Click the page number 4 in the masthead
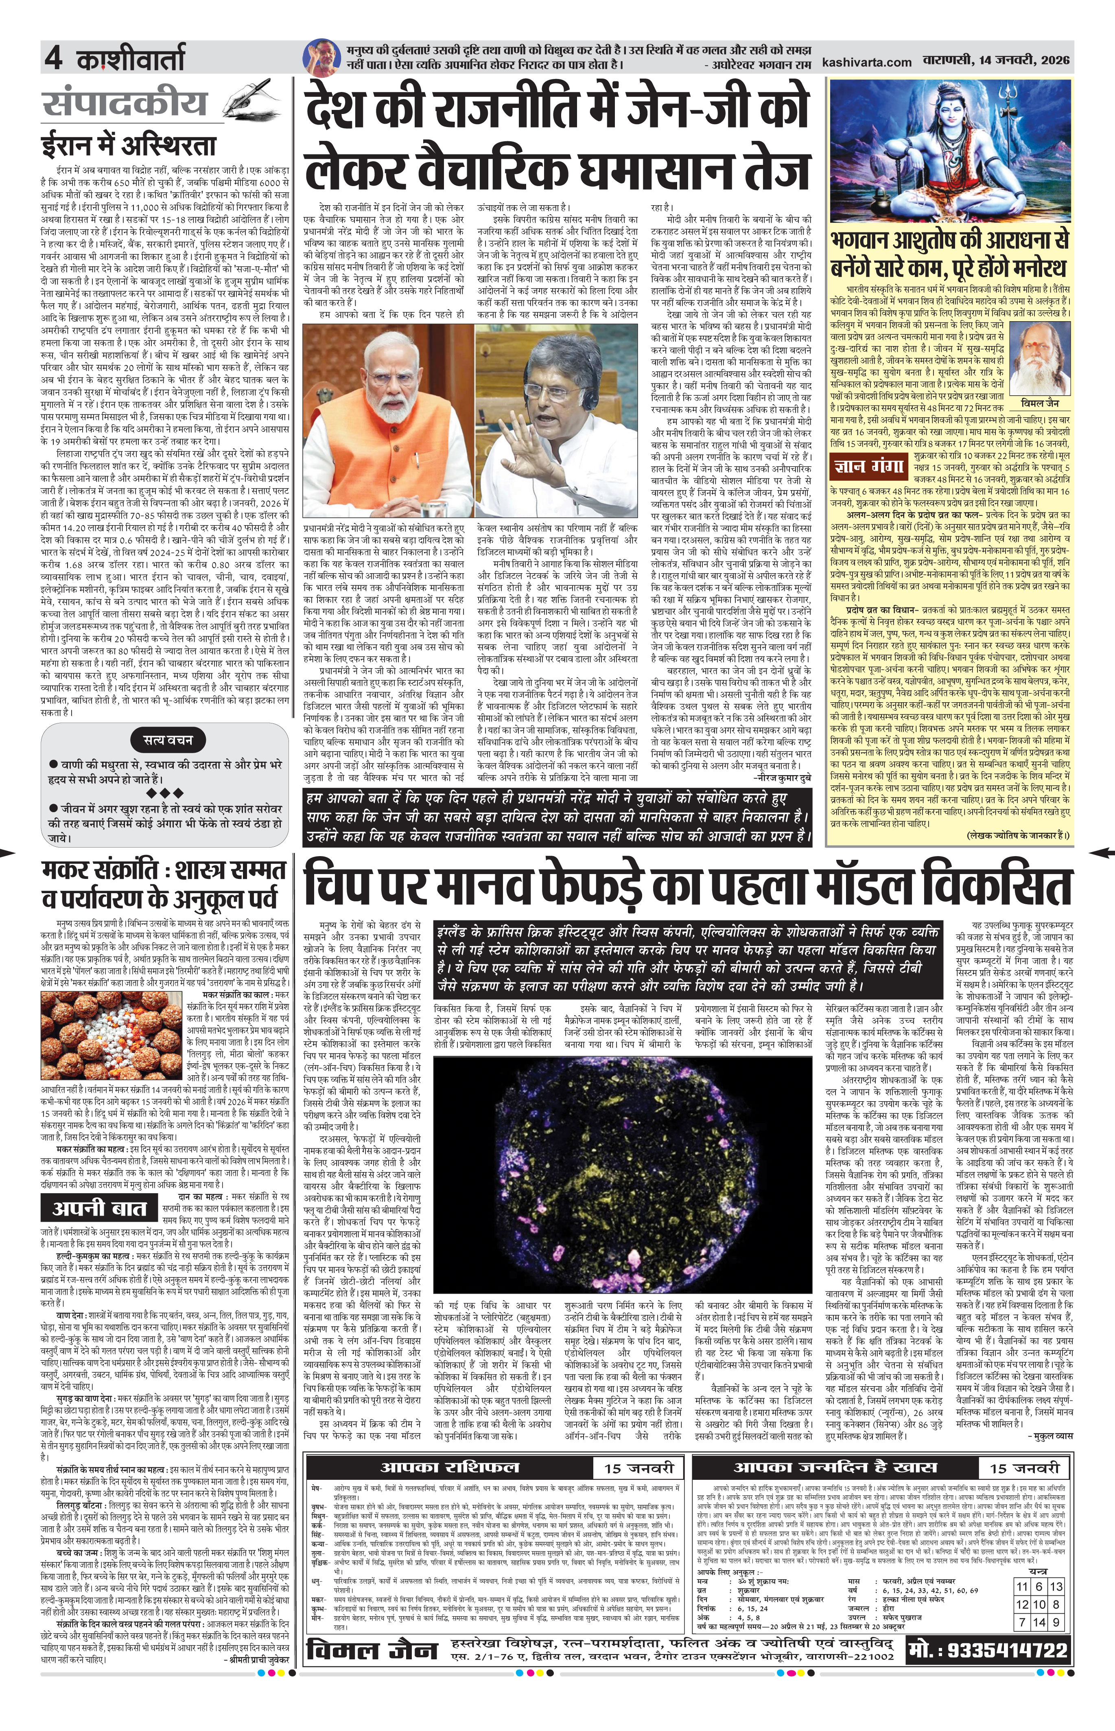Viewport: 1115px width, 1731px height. pyautogui.click(x=52, y=58)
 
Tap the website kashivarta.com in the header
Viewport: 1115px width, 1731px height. pyautogui.click(x=867, y=62)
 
